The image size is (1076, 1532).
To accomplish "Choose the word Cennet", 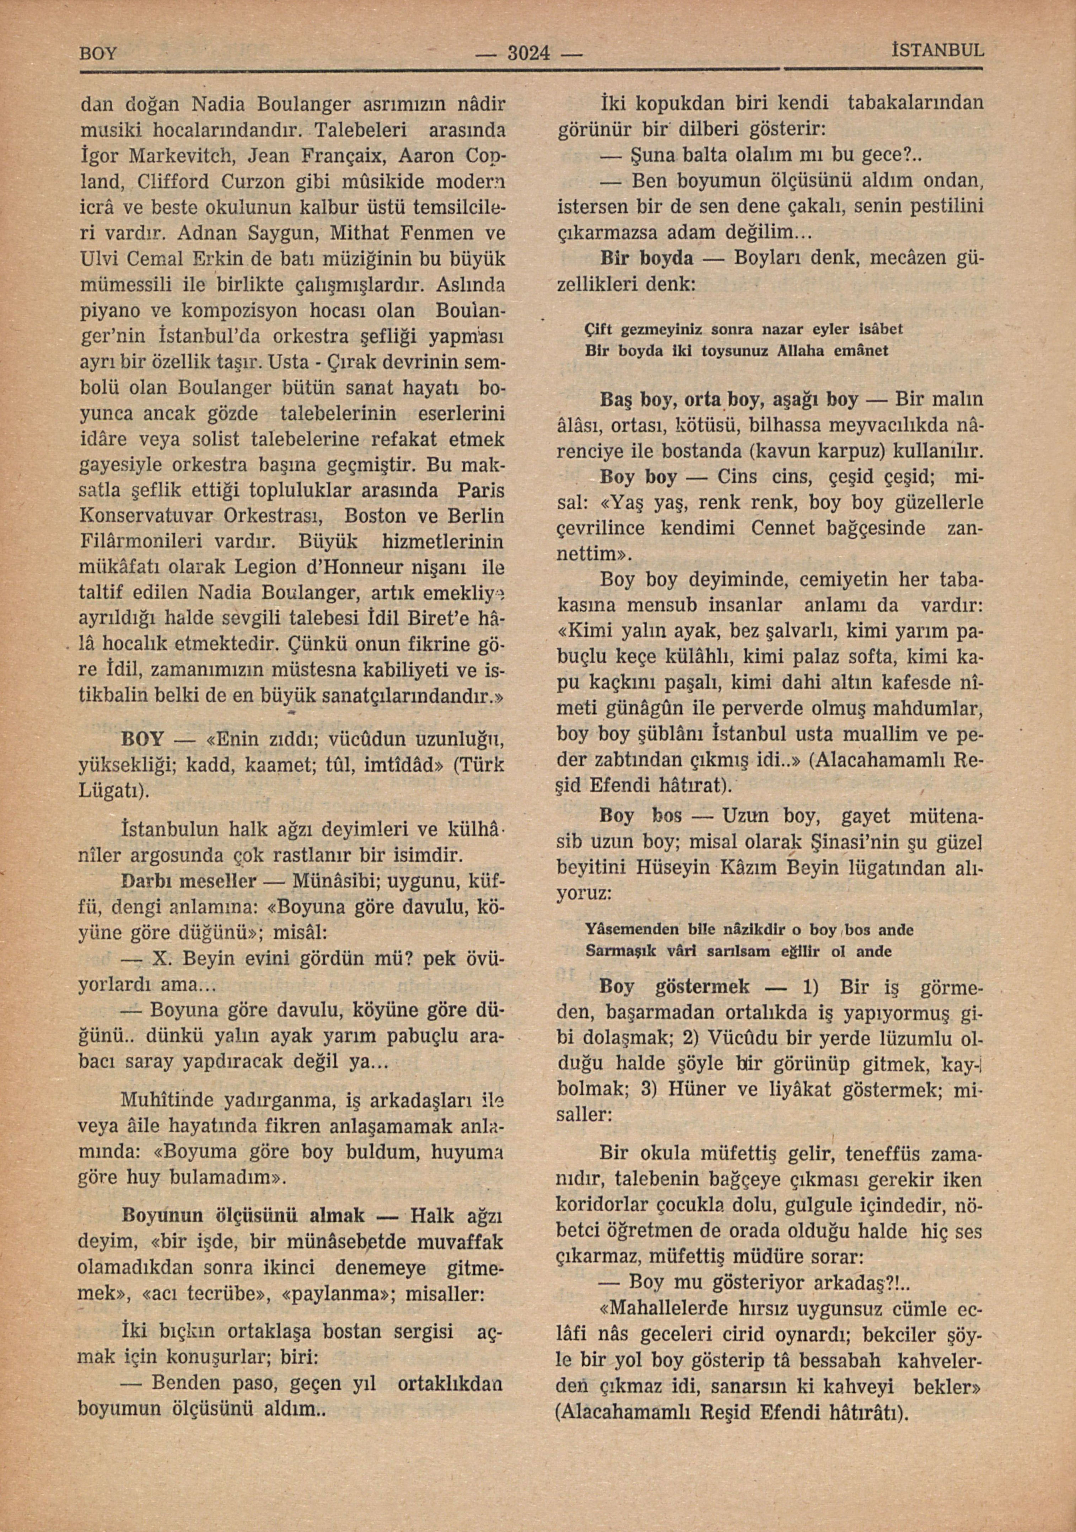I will coord(783,529).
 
